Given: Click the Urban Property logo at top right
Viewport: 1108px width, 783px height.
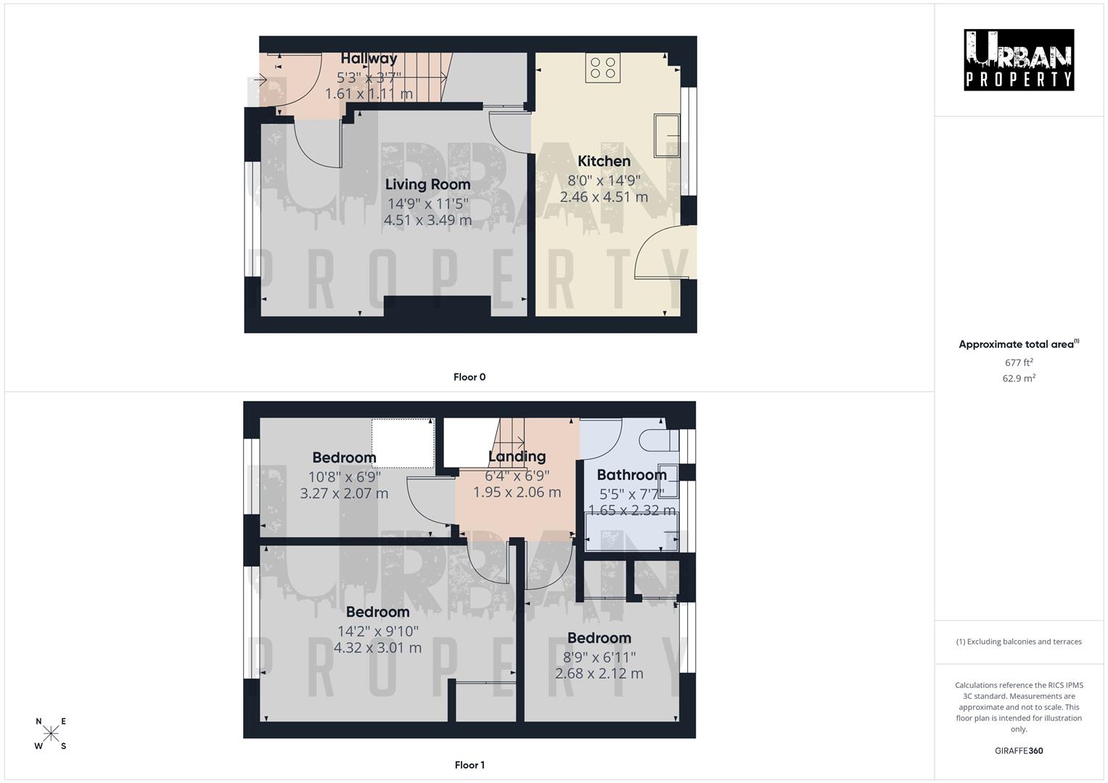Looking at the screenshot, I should click(x=1018, y=60).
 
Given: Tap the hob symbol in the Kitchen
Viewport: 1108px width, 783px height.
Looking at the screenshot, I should click(x=602, y=68).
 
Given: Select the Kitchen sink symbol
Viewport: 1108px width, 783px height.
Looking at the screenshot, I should click(x=667, y=136).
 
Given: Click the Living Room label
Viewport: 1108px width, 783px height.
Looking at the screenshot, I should click(x=427, y=184).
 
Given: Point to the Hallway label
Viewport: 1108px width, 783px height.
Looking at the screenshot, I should click(x=369, y=58).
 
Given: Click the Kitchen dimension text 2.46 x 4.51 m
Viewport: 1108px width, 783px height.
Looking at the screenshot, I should click(x=604, y=196).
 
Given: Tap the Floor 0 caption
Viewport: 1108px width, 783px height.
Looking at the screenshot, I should click(x=469, y=377).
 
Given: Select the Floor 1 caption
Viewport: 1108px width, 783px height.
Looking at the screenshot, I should click(x=469, y=765).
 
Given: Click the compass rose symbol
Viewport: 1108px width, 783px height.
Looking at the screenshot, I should click(x=51, y=734).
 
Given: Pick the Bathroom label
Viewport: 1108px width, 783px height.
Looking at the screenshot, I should click(x=631, y=475).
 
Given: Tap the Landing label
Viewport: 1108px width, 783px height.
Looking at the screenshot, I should click(x=517, y=457).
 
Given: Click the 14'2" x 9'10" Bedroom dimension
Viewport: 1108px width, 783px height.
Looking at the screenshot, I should click(x=377, y=631).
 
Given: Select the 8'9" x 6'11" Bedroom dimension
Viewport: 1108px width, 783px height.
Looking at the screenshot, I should click(x=599, y=657).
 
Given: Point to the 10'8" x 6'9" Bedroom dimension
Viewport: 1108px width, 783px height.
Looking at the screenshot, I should click(x=344, y=476).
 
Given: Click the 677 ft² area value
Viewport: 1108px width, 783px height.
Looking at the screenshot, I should click(x=1019, y=362).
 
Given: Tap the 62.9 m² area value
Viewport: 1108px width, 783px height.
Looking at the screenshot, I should click(x=1019, y=378).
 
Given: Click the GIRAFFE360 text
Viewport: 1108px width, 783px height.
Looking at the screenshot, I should click(x=1019, y=750).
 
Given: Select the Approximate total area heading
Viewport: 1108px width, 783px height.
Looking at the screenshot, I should click(x=1017, y=344).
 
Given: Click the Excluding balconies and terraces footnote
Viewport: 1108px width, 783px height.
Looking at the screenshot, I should click(x=1019, y=642).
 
